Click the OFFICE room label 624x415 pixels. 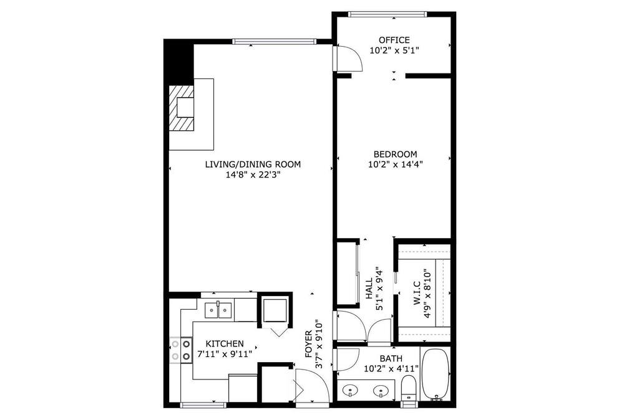pyautogui.click(x=394, y=40)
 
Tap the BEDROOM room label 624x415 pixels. pyautogui.click(x=395, y=154)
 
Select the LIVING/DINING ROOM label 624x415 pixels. pyautogui.click(x=253, y=164)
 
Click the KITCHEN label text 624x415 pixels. pyautogui.click(x=225, y=344)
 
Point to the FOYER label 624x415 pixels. pyautogui.click(x=309, y=344)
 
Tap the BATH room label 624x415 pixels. pyautogui.click(x=391, y=358)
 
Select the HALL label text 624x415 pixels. pyautogui.click(x=369, y=289)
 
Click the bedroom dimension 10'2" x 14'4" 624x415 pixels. pyautogui.click(x=395, y=164)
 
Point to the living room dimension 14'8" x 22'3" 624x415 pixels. pyautogui.click(x=253, y=174)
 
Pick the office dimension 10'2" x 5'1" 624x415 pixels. pyautogui.click(x=394, y=50)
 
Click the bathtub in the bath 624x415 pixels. pyautogui.click(x=436, y=374)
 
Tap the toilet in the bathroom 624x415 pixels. pyautogui.click(x=408, y=388)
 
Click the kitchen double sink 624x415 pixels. pyautogui.click(x=218, y=310)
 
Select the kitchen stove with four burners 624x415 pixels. pyautogui.click(x=181, y=350)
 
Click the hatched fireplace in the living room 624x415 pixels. pyautogui.click(x=182, y=108)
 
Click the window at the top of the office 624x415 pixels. pyautogui.click(x=388, y=14)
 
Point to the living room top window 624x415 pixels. pyautogui.click(x=274, y=41)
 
